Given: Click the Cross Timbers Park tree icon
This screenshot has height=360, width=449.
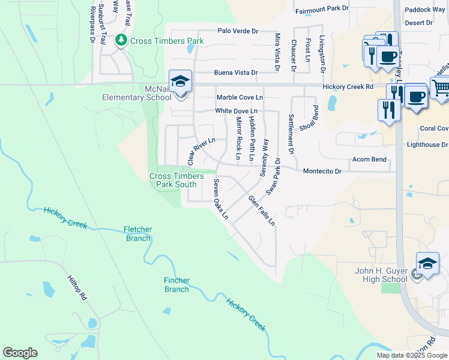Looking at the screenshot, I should [121, 41].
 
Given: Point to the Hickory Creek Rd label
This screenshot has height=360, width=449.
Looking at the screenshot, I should [348, 87].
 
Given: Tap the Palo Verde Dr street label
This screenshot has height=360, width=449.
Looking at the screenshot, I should [238, 31].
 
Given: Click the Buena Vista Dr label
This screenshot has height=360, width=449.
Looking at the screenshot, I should [238, 73].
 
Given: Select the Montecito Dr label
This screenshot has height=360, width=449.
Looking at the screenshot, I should [322, 171].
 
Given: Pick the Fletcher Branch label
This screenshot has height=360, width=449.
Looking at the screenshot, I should [137, 234].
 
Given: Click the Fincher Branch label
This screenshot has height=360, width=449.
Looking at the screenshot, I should [176, 284].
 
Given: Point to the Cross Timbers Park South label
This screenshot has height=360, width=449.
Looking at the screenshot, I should [173, 180].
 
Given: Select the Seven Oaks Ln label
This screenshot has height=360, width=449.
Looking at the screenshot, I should [221, 199].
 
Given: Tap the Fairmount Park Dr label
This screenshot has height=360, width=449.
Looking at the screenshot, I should [322, 8].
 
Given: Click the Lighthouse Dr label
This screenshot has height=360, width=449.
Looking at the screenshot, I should [427, 145].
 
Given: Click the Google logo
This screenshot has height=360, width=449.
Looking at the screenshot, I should [20, 353].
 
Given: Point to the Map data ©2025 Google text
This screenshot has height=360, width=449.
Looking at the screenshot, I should [411, 355].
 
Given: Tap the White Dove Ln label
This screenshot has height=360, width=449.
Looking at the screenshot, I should [237, 111].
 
